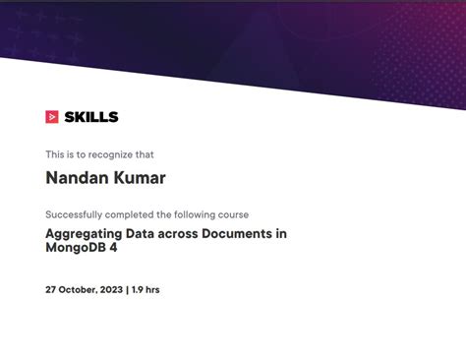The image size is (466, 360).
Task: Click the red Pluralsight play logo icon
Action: pyautogui.click(x=52, y=117)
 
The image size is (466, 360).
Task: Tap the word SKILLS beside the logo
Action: pyautogui.click(x=90, y=117)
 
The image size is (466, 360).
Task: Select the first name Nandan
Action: pyautogui.click(x=76, y=178)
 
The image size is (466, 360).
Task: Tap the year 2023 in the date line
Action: pyautogui.click(x=109, y=290)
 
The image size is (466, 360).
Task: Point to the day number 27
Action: pyautogui.click(x=51, y=290)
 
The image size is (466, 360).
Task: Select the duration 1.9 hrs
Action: pyautogui.click(x=146, y=290)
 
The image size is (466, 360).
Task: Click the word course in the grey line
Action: pyautogui.click(x=233, y=214)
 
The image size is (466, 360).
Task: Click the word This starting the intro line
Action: pyautogui.click(x=54, y=154)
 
